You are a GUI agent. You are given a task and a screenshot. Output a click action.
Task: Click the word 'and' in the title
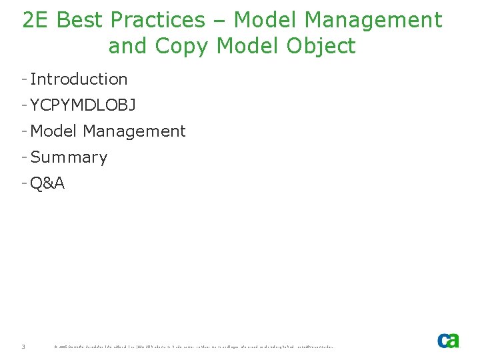tap(126, 47)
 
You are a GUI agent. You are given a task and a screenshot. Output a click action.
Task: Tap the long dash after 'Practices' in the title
tap(219, 21)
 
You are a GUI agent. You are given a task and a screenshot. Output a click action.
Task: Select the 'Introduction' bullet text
tap(79, 79)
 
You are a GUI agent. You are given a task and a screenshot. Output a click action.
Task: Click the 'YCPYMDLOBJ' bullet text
tap(83, 105)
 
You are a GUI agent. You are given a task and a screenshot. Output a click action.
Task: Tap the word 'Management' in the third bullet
tap(134, 131)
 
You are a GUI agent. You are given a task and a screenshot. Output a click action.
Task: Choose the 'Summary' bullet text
tap(69, 157)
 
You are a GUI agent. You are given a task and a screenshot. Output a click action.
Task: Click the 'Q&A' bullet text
tap(47, 183)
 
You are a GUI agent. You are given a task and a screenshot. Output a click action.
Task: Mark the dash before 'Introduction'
tap(24, 79)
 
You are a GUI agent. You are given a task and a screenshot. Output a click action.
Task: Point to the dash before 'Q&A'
tap(24, 183)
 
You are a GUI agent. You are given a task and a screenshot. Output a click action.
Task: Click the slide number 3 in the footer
tap(23, 347)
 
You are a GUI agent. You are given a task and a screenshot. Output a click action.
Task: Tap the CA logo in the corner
tap(448, 341)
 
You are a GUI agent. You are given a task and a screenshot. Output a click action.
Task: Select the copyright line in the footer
tap(193, 347)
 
